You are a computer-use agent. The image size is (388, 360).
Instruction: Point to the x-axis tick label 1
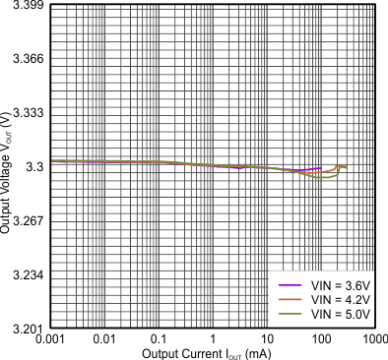(213, 339)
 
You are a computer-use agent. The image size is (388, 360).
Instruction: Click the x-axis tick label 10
(266, 339)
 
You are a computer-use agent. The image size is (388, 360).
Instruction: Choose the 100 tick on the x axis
(320, 339)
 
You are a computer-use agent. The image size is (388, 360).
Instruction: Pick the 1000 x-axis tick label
(372, 339)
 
